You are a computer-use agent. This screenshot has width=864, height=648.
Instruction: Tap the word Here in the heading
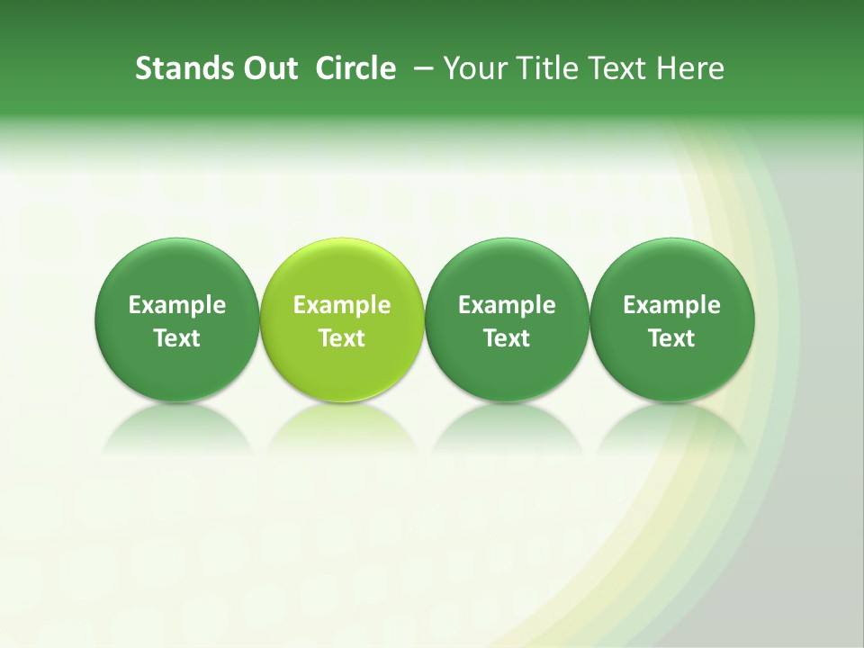click(690, 68)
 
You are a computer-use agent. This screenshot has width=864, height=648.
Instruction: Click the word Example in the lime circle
click(342, 306)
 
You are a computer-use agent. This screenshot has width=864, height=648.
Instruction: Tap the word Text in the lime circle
click(342, 338)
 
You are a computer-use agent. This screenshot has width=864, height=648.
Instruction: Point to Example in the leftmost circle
click(177, 306)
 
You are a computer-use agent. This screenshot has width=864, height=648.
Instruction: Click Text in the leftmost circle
click(177, 338)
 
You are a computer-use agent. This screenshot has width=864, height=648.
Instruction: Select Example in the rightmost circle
click(672, 306)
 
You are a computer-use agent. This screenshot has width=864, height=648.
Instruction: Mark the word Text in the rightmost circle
click(672, 338)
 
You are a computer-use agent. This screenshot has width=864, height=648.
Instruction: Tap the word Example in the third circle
click(507, 306)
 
